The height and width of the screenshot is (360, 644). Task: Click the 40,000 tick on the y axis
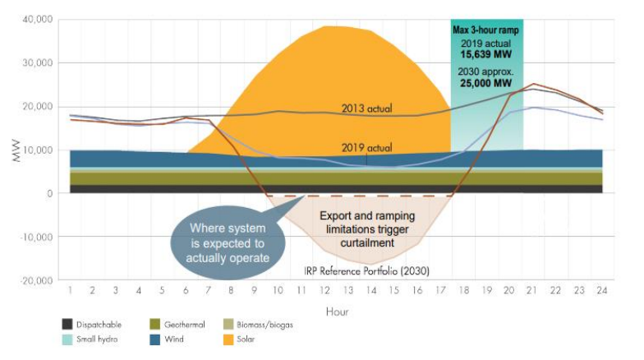tap(34, 19)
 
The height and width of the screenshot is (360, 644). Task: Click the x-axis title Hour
tap(336, 312)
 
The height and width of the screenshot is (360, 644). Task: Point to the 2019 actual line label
tap(366, 149)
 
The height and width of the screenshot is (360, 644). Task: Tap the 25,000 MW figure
tap(487, 84)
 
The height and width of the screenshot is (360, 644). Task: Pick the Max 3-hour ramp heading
tap(486, 30)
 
